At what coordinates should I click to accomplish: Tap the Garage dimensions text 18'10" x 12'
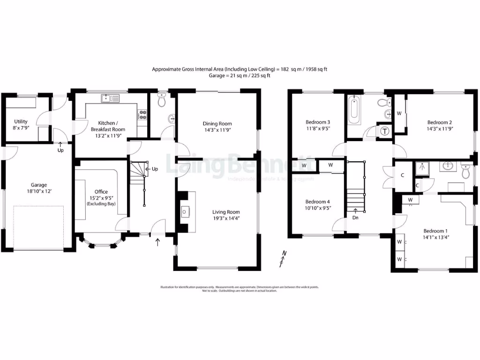(36, 191)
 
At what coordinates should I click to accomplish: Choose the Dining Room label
(217, 124)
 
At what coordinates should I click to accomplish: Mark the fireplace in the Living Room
(185, 212)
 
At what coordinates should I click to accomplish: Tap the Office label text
(101, 192)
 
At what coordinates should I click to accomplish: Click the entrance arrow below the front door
(157, 242)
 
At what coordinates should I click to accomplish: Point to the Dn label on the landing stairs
(355, 217)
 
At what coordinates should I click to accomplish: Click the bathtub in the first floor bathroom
(354, 110)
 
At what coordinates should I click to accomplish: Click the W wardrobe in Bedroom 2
(399, 113)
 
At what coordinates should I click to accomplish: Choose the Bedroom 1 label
(435, 231)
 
